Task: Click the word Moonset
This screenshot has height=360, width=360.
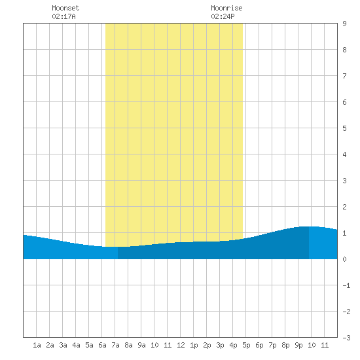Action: click(65, 8)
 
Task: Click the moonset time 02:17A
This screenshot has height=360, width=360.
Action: click(63, 16)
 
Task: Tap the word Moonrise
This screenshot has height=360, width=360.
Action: click(226, 8)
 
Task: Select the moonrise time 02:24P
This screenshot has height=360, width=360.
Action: click(223, 16)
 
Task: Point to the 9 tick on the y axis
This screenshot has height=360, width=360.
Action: click(344, 24)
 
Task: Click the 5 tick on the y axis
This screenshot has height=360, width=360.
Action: click(344, 128)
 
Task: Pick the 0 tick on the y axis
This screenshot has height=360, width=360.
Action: click(344, 259)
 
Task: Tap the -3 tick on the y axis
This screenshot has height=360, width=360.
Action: click(346, 338)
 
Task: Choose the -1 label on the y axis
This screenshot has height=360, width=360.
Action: click(346, 285)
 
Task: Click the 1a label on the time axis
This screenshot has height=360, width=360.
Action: click(37, 345)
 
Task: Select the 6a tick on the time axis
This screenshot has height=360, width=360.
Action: click(102, 345)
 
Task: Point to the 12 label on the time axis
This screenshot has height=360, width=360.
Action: click(181, 345)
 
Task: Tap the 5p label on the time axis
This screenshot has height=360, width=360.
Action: click(246, 345)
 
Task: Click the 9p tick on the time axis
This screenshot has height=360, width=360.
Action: click(298, 345)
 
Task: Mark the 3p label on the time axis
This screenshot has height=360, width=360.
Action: click(220, 345)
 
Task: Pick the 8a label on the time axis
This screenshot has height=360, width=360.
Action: click(128, 345)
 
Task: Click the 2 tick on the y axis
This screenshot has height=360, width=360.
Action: click(344, 207)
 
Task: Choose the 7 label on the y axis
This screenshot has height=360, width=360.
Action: click(344, 76)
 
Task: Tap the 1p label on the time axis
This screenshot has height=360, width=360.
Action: click(194, 345)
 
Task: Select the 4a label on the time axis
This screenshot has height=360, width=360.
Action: click(76, 345)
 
